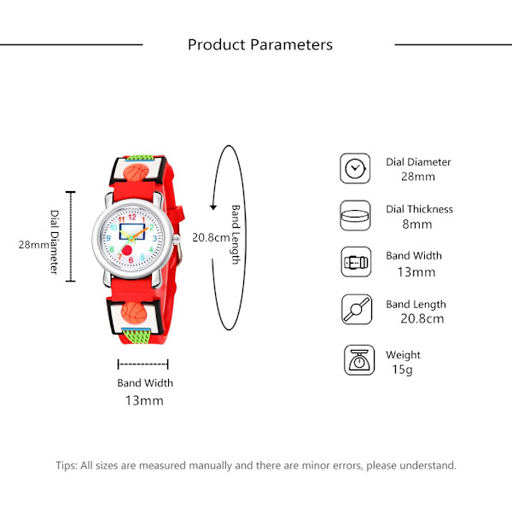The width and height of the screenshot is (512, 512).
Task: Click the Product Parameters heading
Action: coord(260,44)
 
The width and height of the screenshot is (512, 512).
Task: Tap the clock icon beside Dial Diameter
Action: coord(355,168)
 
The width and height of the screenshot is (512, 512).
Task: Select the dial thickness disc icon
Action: coord(355,215)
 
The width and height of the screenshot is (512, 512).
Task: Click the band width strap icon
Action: coord(355,262)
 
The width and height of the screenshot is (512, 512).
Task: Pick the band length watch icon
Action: coord(355,310)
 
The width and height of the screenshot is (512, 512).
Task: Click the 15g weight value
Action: coord(402,369)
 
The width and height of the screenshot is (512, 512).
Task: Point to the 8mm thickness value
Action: coord(417,224)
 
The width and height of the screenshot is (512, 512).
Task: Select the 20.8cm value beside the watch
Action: coord(210,237)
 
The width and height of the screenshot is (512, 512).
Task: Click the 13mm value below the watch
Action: coord(144,400)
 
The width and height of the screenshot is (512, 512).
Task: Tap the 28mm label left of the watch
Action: coord(34,244)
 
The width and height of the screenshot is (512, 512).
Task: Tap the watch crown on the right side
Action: coord(181,243)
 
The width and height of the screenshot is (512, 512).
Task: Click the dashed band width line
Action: coord(143,364)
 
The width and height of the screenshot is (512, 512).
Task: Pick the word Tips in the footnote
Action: coord(67,466)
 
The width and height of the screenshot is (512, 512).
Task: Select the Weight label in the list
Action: coord(403,355)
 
